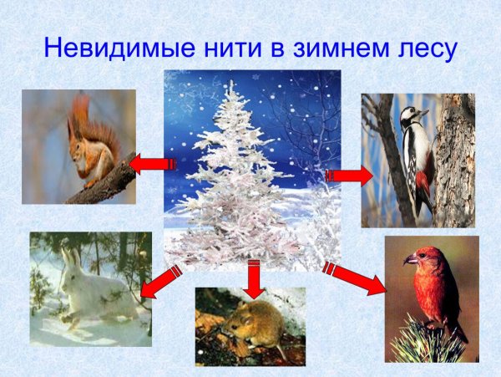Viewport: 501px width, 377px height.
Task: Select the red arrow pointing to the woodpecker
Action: point(348,175)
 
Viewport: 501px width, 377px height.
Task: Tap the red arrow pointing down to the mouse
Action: point(255,279)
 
